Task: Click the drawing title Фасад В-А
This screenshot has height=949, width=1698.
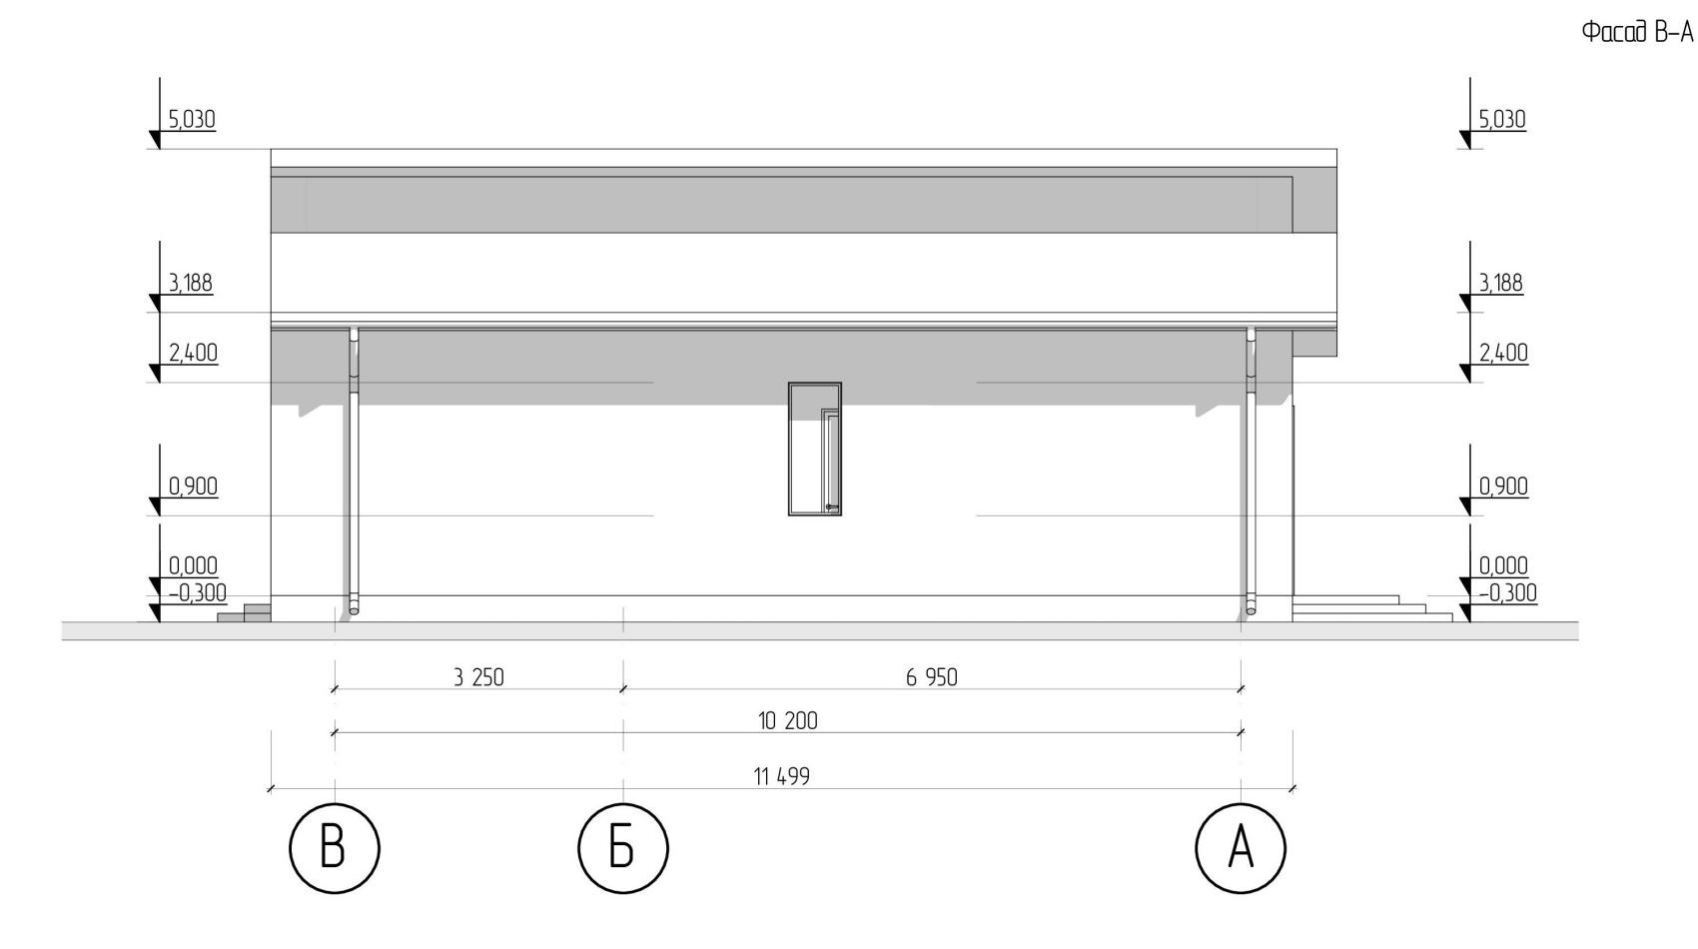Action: click(x=1637, y=33)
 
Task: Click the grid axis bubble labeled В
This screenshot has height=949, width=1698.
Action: click(x=335, y=848)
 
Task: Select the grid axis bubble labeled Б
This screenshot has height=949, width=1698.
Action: click(x=623, y=848)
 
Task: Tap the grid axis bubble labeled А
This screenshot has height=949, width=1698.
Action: click(x=1241, y=848)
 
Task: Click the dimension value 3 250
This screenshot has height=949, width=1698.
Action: click(x=478, y=677)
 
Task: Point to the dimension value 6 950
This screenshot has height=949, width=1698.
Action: click(x=932, y=677)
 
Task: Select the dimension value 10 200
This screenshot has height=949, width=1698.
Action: click(x=788, y=720)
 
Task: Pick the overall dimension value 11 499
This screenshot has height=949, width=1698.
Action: click(x=781, y=776)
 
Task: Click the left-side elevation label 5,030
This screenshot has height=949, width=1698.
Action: click(x=192, y=120)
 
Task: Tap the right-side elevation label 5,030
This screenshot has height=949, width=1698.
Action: click(x=1501, y=120)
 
